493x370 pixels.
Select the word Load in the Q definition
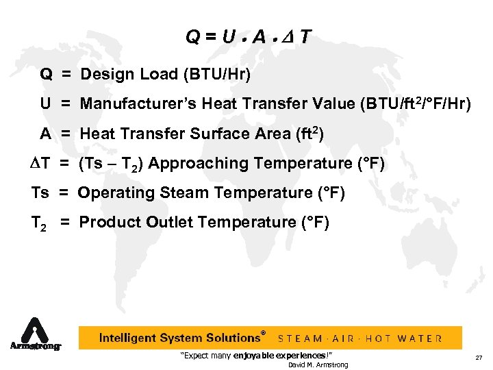[x=155, y=74]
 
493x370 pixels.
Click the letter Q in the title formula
[x=192, y=37]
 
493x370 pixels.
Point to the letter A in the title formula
[x=261, y=37]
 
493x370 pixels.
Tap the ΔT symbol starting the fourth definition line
[x=40, y=163]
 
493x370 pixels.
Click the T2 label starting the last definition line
[x=39, y=223]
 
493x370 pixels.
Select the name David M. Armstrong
[x=318, y=365]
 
